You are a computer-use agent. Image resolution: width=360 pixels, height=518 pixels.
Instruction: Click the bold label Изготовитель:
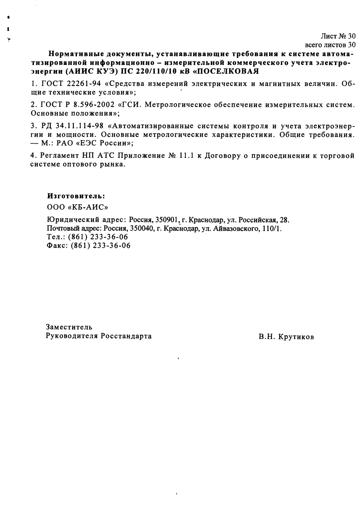point(76,196)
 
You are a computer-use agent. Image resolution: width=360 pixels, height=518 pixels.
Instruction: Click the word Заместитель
point(69,327)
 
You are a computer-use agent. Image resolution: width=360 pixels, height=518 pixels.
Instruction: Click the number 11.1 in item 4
point(187,156)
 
